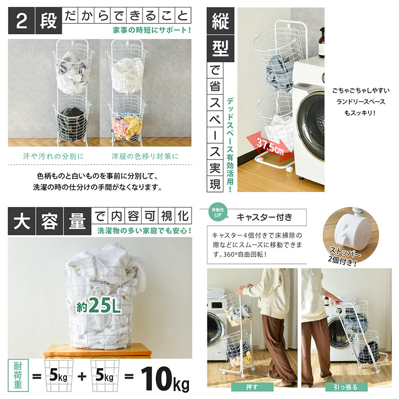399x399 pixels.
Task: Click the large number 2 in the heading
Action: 21,21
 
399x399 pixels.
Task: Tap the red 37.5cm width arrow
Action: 270,147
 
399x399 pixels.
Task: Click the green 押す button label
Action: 252,387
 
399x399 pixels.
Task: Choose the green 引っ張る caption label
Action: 346,387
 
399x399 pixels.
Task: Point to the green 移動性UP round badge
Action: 218,212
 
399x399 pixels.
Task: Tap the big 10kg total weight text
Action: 166,379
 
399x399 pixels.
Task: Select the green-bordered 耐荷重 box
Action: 18,376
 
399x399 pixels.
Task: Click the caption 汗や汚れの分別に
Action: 53,156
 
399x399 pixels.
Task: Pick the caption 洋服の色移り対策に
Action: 145,156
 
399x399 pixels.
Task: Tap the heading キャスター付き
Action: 264,217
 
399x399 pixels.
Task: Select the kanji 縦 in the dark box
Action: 220,21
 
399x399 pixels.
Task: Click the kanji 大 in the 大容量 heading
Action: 21,221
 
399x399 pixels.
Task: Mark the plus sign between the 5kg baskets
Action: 82,376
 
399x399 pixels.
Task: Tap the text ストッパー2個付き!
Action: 344,256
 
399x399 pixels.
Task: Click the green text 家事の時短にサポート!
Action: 152,30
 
